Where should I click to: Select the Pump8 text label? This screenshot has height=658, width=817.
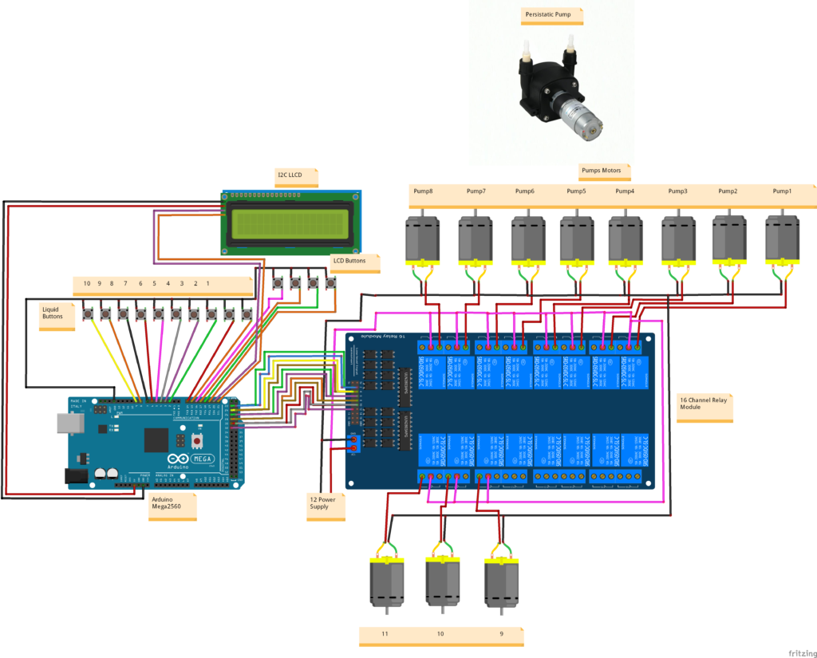423,191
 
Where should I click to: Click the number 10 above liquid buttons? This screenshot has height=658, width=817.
87,283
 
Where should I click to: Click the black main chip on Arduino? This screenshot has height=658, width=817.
156,439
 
